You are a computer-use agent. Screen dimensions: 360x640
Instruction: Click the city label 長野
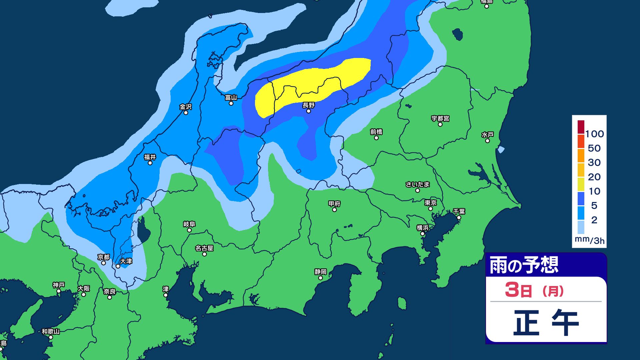click(x=308, y=105)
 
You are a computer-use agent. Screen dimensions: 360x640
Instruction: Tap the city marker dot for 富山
click(x=231, y=103)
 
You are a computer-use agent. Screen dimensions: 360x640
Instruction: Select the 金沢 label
click(x=186, y=107)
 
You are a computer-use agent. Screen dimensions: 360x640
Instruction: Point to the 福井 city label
click(x=150, y=157)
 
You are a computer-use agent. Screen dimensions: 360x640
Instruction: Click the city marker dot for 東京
click(x=430, y=209)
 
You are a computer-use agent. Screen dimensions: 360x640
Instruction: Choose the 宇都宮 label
click(x=440, y=119)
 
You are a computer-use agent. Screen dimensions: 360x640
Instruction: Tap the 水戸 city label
click(x=487, y=135)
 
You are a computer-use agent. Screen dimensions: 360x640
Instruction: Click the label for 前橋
click(x=376, y=132)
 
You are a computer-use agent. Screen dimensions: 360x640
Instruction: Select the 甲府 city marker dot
click(x=334, y=210)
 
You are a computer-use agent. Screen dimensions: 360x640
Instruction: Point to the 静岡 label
click(x=320, y=272)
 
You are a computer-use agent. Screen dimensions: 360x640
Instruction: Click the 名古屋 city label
click(x=204, y=248)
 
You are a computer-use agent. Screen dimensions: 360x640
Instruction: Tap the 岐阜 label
click(x=189, y=224)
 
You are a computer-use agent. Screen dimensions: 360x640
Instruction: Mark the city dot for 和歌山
click(x=51, y=337)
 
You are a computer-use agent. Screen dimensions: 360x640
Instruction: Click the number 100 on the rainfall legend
click(x=594, y=134)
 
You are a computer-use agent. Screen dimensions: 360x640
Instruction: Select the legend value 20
click(x=594, y=177)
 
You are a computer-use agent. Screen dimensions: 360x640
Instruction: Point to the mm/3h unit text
click(x=589, y=240)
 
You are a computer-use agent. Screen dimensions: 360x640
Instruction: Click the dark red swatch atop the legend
click(x=581, y=127)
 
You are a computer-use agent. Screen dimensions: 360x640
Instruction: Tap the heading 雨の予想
click(x=524, y=265)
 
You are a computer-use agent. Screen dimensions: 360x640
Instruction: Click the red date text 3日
click(x=518, y=290)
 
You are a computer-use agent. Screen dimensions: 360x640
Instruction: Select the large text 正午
click(x=546, y=322)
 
